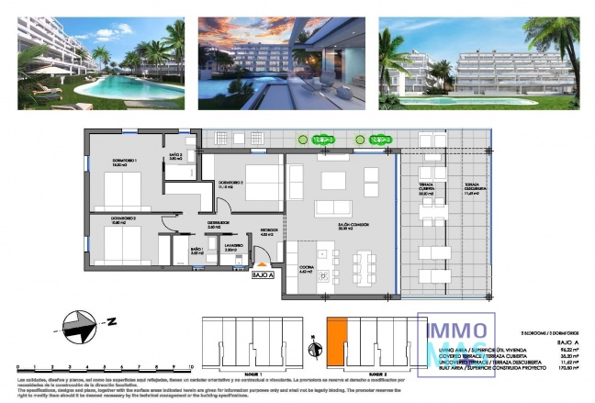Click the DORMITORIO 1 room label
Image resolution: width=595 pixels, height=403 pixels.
124,162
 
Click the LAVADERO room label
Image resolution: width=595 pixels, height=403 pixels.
209,247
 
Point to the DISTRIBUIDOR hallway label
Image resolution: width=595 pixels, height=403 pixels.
217,223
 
